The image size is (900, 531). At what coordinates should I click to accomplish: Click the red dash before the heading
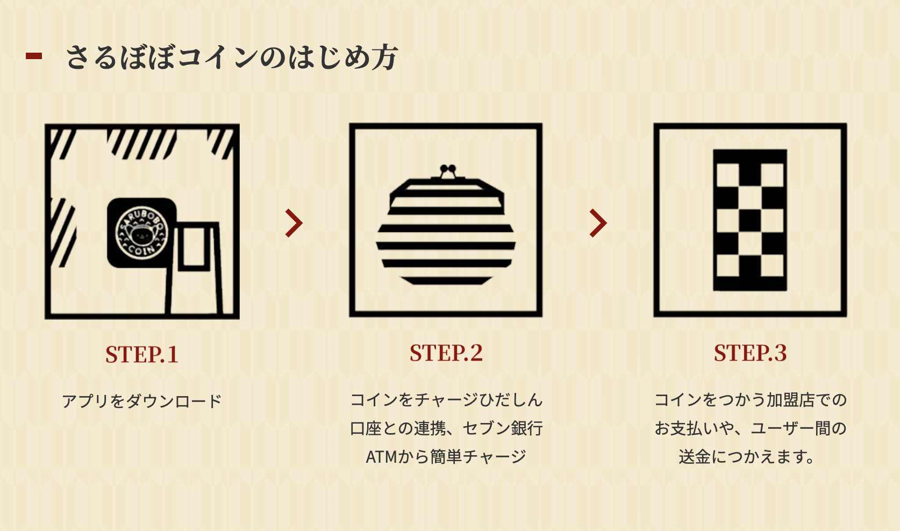34,56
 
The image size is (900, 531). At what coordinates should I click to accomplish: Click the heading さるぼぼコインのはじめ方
232,57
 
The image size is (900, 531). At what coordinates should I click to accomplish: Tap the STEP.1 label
142,354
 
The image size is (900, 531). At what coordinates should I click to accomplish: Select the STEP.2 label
446,353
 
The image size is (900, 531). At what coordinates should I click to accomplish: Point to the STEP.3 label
750,353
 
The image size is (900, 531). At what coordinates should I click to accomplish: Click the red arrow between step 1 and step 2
294,223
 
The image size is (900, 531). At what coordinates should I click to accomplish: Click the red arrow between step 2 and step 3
598,223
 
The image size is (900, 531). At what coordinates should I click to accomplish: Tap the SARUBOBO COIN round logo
141,233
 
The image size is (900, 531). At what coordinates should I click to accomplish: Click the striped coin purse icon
446,225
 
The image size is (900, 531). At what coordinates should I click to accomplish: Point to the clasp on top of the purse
448,171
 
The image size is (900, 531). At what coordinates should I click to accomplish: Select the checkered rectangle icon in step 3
750,220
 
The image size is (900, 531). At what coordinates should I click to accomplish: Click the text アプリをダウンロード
142,401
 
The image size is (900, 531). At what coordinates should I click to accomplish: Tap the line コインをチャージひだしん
446,400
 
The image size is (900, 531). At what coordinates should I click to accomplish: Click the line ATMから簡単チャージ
446,457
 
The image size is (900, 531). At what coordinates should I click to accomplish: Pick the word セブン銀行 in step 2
503,428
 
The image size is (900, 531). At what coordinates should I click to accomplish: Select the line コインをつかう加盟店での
750,400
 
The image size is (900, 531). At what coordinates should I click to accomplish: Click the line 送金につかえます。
747,457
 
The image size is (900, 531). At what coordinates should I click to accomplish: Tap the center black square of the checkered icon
750,220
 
